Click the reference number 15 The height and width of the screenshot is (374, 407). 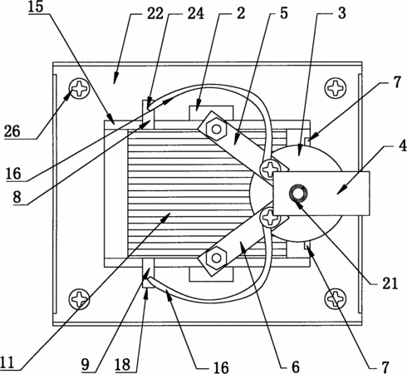[36, 7]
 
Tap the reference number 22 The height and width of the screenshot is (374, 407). [155, 13]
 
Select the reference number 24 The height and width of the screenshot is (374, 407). [196, 13]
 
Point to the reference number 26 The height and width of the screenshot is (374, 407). [12, 131]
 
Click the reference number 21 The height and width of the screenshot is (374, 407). [390, 283]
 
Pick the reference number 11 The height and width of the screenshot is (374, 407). [7, 362]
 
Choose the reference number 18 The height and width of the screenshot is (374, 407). [123, 364]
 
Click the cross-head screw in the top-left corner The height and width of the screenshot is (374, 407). [80, 88]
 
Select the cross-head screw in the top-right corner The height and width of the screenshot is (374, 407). [336, 88]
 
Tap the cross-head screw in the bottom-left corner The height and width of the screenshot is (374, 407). [79, 299]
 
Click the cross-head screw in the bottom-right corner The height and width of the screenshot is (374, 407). [336, 299]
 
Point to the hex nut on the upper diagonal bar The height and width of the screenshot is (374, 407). [217, 129]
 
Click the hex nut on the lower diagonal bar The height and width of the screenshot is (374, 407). [217, 258]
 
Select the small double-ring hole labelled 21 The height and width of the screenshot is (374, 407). [297, 193]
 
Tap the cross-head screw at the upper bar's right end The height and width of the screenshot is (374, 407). [270, 169]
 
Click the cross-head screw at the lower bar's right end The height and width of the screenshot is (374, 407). [270, 218]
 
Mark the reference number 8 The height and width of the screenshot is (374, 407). [17, 198]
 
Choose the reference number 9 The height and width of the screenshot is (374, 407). [86, 365]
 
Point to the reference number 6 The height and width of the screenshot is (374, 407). [296, 367]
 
